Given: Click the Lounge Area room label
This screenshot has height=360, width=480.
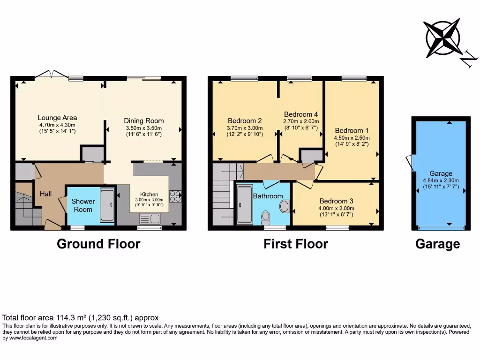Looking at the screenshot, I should [57, 118].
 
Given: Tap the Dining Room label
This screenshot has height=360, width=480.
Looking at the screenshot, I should [144, 120].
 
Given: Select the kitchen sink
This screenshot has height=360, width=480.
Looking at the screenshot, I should [150, 218].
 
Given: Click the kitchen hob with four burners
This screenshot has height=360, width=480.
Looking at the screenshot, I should [175, 196].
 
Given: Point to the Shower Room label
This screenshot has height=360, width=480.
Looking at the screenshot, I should [83, 205].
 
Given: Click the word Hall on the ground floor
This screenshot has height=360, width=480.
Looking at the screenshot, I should [45, 194].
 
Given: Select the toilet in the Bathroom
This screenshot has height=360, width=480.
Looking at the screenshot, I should [266, 217].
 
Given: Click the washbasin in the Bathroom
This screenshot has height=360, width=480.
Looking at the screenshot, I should [284, 206].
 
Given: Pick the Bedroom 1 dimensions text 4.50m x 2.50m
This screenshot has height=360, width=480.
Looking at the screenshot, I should [351, 138].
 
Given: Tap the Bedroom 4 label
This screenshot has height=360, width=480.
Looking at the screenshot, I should [301, 114].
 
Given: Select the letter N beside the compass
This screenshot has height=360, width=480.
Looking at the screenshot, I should [467, 60].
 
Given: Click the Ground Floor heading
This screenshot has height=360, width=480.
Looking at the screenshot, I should [98, 244].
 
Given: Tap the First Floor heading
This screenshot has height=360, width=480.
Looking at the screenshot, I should [295, 244].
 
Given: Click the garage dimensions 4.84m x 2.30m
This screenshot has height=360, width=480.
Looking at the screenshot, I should [441, 180].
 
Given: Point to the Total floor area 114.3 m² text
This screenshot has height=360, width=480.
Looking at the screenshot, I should [81, 317].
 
